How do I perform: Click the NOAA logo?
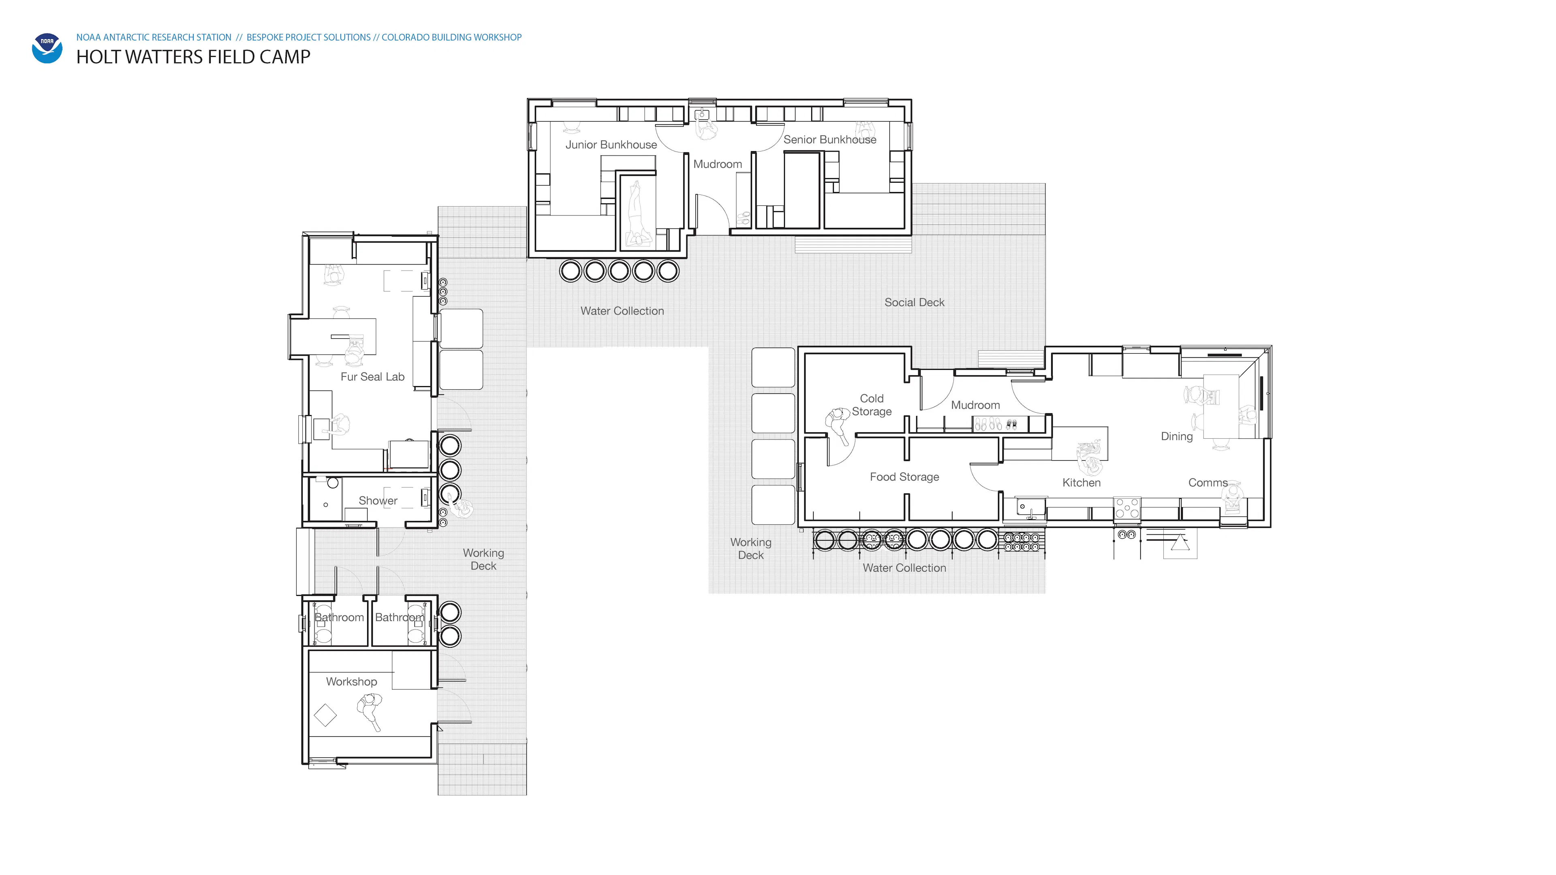pyautogui.click(x=47, y=48)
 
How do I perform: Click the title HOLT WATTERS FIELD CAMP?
pyautogui.click(x=193, y=57)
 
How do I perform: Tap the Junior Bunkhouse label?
pyautogui.click(x=611, y=145)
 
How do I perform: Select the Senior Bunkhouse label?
pyautogui.click(x=830, y=139)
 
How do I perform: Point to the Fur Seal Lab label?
pyautogui.click(x=373, y=377)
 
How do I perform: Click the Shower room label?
pyautogui.click(x=378, y=501)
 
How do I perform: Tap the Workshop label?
pyautogui.click(x=352, y=682)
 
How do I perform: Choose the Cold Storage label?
pyautogui.click(x=872, y=405)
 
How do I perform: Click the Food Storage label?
pyautogui.click(x=904, y=477)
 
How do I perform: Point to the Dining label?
pyautogui.click(x=1177, y=437)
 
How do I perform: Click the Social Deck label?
pyautogui.click(x=915, y=303)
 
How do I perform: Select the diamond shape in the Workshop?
pyautogui.click(x=325, y=715)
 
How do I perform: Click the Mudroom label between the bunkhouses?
pyautogui.click(x=718, y=164)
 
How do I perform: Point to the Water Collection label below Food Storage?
pyautogui.click(x=904, y=568)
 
